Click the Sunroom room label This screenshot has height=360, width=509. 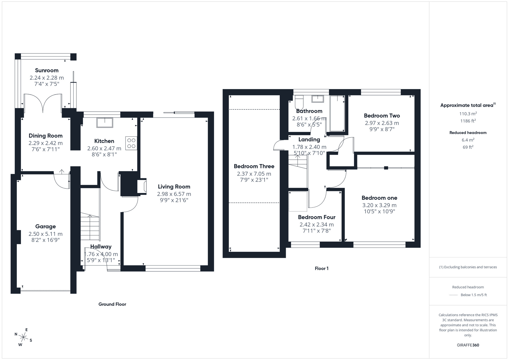[47, 71]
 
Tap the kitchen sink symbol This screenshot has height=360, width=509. [105, 122]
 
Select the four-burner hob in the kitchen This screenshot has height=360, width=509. [131, 143]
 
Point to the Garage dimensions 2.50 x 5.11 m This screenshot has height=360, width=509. [46, 234]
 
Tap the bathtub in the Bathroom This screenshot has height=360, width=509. [337, 114]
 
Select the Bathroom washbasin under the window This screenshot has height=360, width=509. [318, 99]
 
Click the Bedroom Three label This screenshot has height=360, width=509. [254, 166]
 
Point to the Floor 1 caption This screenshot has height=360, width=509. [321, 268]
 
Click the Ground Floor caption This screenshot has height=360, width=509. [112, 304]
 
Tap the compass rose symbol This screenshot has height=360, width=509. [23, 338]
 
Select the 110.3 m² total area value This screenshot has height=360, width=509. [468, 114]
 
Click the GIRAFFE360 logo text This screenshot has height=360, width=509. [468, 345]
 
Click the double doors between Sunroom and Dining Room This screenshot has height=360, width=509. [43, 103]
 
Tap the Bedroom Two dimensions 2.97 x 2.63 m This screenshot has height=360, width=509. [382, 123]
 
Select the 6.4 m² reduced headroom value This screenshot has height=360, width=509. [468, 140]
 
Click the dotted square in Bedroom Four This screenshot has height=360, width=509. [298, 201]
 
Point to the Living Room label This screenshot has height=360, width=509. [174, 187]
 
